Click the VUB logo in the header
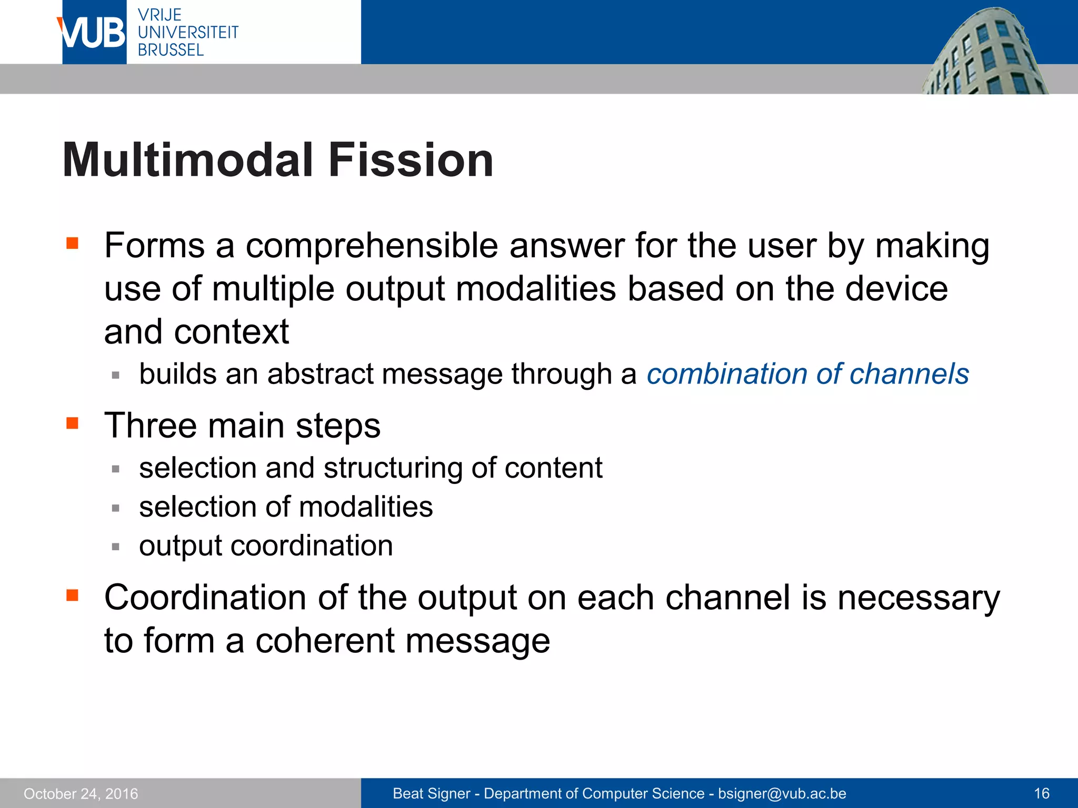(93, 33)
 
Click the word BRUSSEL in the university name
(171, 50)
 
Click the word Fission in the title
(411, 160)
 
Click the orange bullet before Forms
(72, 243)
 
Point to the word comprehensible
(372, 246)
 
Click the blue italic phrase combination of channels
(807, 374)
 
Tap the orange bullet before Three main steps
(72, 423)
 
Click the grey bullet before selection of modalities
(116, 508)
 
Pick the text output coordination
(266, 546)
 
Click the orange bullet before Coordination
(72, 595)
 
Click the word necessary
(918, 598)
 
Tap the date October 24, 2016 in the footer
(81, 793)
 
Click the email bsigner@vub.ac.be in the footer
(782, 793)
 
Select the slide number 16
(1042, 793)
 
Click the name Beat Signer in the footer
(431, 793)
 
